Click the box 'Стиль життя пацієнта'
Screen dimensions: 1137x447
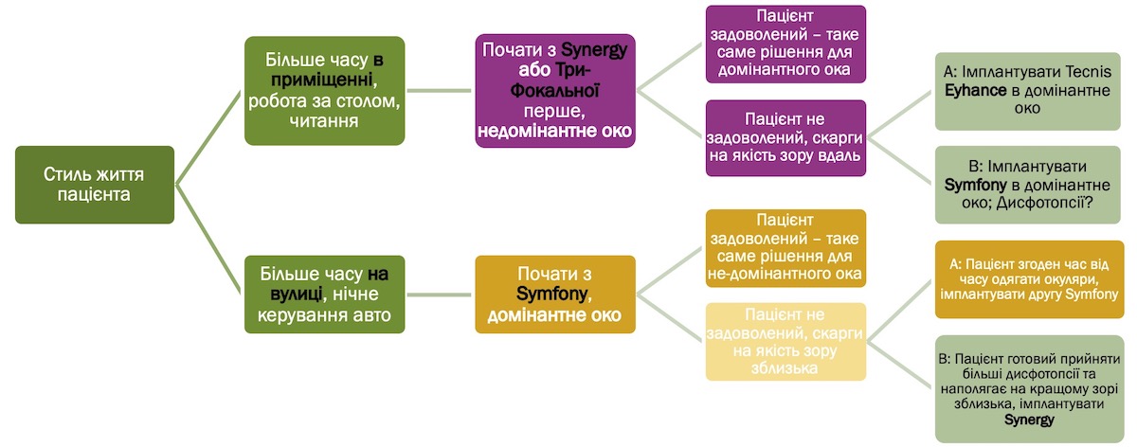95,185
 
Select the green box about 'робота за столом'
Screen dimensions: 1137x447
324,91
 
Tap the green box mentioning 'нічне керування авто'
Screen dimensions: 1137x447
324,295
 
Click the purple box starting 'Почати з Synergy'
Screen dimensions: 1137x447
555,91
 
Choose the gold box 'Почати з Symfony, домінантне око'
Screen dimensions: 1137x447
555,295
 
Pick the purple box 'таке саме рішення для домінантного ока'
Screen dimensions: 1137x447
785,45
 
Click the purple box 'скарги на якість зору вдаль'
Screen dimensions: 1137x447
785,138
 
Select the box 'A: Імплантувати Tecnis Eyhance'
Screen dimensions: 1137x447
1027,91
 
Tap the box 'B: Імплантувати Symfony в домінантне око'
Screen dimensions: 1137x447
1027,185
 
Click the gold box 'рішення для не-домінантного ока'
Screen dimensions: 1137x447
785,248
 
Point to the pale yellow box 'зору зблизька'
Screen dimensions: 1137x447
785,342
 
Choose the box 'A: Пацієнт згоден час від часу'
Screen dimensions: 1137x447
1029,279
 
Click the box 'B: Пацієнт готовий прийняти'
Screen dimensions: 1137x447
1029,389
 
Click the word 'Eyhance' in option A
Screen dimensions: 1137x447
975,90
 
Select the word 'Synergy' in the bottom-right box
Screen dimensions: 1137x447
1029,420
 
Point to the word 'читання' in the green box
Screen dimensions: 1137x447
324,121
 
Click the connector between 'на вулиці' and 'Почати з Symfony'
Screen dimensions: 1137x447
440,295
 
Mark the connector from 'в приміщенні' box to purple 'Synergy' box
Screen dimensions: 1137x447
440,91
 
